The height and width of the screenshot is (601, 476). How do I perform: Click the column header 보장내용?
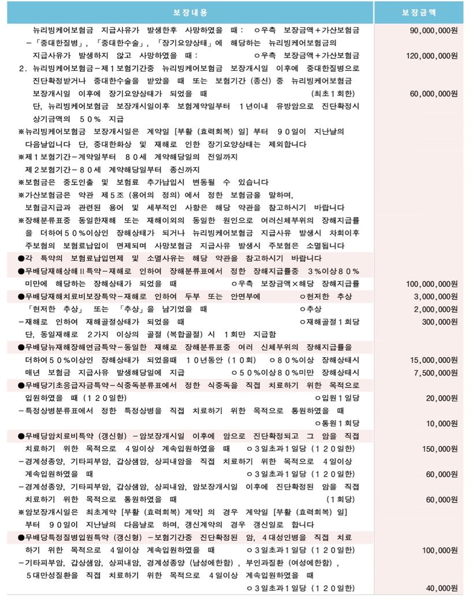tap(190, 12)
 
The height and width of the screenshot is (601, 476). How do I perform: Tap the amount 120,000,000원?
tap(432, 55)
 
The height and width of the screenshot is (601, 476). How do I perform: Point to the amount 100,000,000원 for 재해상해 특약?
tap(432, 284)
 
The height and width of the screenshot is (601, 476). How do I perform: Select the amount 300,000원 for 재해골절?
tap(440, 322)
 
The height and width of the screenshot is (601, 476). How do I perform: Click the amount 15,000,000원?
tap(434, 360)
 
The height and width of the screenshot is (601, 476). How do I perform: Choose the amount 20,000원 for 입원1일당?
tap(442, 398)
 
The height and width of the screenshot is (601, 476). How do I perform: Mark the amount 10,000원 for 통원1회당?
tap(442, 424)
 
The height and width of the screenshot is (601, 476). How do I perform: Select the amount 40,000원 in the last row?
tap(442, 588)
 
